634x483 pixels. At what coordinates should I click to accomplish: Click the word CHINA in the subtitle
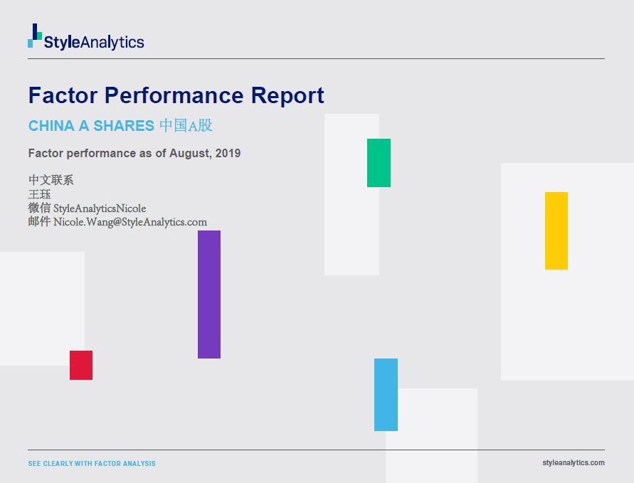click(51, 126)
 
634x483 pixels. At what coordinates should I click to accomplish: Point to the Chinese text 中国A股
click(186, 126)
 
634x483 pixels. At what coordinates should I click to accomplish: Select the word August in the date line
click(189, 153)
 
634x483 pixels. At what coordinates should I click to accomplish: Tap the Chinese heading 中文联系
click(51, 180)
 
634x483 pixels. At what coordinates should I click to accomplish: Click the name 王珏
click(39, 194)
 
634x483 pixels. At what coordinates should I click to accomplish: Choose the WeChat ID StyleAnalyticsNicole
click(100, 208)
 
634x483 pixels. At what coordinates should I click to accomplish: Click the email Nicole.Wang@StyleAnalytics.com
click(130, 222)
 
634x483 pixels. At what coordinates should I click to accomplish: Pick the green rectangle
click(379, 163)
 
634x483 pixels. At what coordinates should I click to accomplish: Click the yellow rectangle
click(556, 230)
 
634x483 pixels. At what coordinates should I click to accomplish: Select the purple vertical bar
click(209, 294)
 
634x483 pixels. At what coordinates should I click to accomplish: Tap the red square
click(81, 365)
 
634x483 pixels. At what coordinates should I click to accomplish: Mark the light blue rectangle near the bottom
click(386, 395)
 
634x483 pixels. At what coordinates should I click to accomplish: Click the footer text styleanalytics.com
click(573, 462)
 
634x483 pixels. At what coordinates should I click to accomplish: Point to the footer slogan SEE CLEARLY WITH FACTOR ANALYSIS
click(92, 464)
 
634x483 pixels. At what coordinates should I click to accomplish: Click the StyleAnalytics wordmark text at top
click(94, 42)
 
